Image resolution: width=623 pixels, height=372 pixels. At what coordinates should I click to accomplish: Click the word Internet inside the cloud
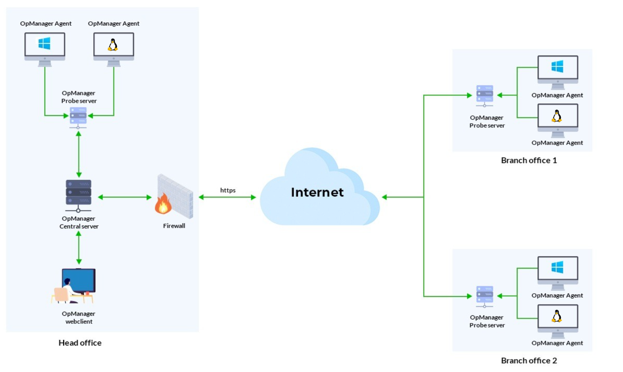[317, 192]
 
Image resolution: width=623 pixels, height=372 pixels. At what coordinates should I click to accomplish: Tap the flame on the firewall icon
[163, 205]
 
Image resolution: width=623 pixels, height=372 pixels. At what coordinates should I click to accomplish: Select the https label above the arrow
[228, 190]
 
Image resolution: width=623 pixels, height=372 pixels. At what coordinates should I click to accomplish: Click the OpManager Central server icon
[78, 195]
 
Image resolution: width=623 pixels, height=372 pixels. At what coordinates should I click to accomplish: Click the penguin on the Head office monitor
[113, 45]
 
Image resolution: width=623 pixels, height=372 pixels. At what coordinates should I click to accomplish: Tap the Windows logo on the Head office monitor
[44, 43]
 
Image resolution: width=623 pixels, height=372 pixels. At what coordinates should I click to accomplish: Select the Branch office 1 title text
[529, 160]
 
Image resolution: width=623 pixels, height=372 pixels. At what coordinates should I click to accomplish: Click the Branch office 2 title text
[529, 361]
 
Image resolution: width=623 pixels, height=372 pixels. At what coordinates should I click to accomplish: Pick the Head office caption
[80, 343]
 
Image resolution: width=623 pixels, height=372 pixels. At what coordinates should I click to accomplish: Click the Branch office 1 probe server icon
[485, 95]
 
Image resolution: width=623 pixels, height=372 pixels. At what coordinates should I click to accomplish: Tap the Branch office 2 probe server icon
[485, 296]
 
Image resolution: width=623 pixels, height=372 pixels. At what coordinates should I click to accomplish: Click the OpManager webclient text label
[79, 318]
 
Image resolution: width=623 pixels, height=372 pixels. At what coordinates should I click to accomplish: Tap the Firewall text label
[174, 226]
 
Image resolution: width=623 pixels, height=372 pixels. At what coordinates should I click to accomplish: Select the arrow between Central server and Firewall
[125, 197]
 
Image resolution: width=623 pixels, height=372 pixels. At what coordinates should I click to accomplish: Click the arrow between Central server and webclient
[79, 248]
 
